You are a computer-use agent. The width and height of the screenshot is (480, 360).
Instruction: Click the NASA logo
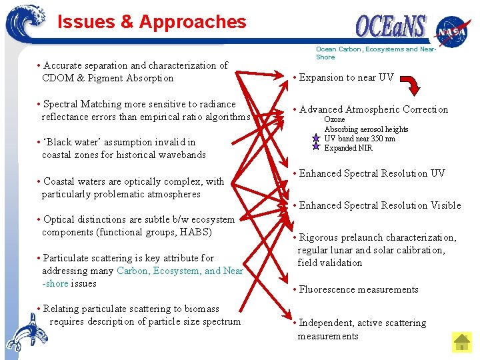453,31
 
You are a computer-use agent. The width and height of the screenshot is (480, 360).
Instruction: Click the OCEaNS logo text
391,26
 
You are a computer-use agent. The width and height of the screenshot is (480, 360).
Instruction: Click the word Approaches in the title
193,22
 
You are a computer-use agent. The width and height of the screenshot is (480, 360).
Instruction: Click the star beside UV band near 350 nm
316,139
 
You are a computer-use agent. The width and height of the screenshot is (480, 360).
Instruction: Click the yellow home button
462,342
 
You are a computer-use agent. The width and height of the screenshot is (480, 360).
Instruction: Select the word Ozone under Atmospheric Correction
335,120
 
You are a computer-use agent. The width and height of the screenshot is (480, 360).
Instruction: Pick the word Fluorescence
329,289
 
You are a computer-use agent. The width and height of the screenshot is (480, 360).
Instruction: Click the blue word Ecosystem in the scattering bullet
177,271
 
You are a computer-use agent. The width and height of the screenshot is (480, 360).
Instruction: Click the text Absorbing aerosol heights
366,129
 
